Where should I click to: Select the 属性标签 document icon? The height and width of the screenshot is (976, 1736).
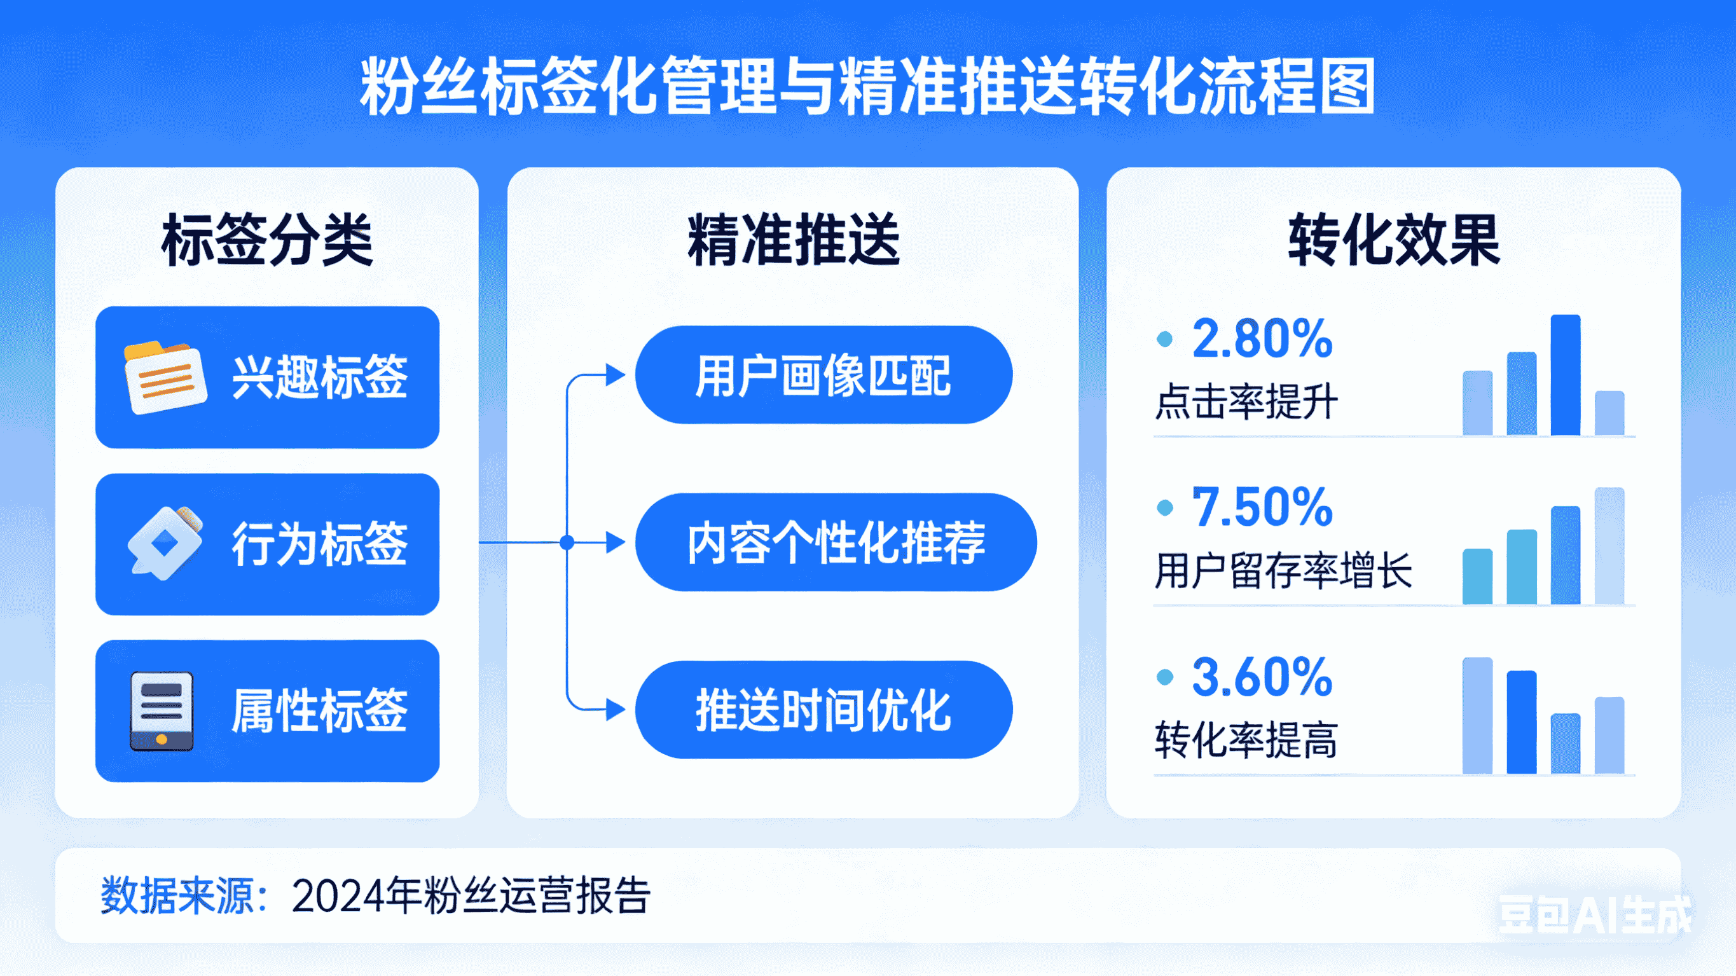(x=162, y=710)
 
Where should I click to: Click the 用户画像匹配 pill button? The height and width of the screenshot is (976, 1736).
(x=823, y=375)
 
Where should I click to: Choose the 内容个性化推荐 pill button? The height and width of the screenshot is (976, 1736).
(x=836, y=542)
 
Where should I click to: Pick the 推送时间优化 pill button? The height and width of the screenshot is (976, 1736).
(x=823, y=710)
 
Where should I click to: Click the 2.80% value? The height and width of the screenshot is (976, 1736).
(x=1262, y=338)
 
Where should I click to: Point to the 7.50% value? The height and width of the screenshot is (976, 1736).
(x=1262, y=507)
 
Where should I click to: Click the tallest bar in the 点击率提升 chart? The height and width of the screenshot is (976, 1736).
(x=1565, y=375)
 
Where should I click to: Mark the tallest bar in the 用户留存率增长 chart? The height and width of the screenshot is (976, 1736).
(x=1609, y=546)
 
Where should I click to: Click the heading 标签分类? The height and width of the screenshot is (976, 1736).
(x=267, y=240)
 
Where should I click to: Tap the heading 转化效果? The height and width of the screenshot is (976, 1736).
(x=1394, y=240)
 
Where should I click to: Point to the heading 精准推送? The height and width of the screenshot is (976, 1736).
(x=793, y=240)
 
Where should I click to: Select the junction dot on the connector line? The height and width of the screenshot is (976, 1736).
(x=567, y=542)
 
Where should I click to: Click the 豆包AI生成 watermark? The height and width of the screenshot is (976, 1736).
(x=1594, y=915)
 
